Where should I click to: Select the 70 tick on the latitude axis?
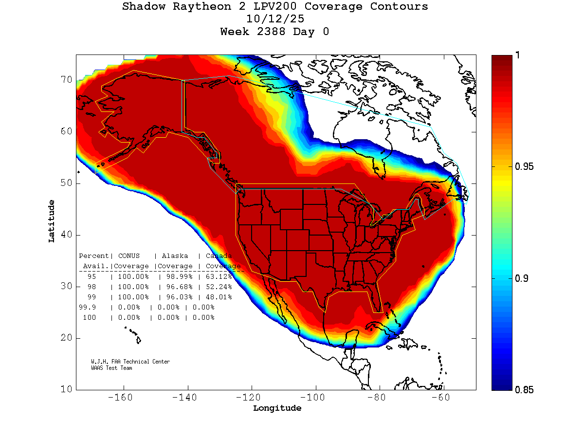[x=66, y=80]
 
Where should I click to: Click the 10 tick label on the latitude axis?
[x=66, y=389]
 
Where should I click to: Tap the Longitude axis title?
[x=277, y=408]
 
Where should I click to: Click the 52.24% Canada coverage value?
[x=219, y=287]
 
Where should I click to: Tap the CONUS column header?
[x=128, y=256]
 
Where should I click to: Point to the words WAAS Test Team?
[x=111, y=368]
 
